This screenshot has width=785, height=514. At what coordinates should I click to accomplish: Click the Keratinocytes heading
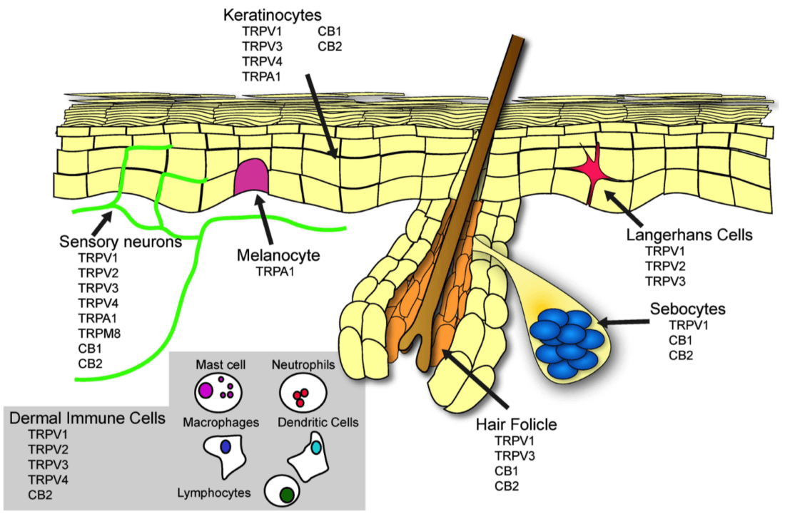tap(273, 15)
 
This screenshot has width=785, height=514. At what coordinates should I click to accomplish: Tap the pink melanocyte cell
tap(251, 177)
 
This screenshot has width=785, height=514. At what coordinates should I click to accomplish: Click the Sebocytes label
tap(687, 309)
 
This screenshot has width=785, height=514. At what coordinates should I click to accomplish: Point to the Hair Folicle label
tap(516, 424)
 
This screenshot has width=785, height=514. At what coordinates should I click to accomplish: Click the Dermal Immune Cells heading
tap(87, 418)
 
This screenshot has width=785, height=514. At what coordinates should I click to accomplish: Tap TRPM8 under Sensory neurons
tap(99, 333)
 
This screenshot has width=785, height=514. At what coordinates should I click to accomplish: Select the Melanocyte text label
tap(278, 255)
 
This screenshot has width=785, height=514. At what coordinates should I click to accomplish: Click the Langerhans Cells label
tap(689, 235)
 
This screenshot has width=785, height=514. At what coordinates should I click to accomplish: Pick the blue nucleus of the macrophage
tap(226, 446)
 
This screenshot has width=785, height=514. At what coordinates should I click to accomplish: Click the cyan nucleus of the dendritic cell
tap(316, 448)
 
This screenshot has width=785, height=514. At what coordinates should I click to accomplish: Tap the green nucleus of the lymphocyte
tap(287, 495)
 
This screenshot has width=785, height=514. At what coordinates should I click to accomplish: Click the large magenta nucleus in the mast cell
tap(206, 389)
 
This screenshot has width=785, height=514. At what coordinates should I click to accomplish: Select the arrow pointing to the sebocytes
tap(622, 322)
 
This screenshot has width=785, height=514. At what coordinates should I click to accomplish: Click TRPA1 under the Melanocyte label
tap(275, 272)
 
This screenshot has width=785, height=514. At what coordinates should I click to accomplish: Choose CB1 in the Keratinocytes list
tap(330, 31)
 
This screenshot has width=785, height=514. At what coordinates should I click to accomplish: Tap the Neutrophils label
tap(303, 365)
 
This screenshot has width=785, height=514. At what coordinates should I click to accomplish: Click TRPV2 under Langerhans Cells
tap(665, 266)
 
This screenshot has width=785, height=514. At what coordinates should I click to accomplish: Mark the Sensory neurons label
tap(120, 242)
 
